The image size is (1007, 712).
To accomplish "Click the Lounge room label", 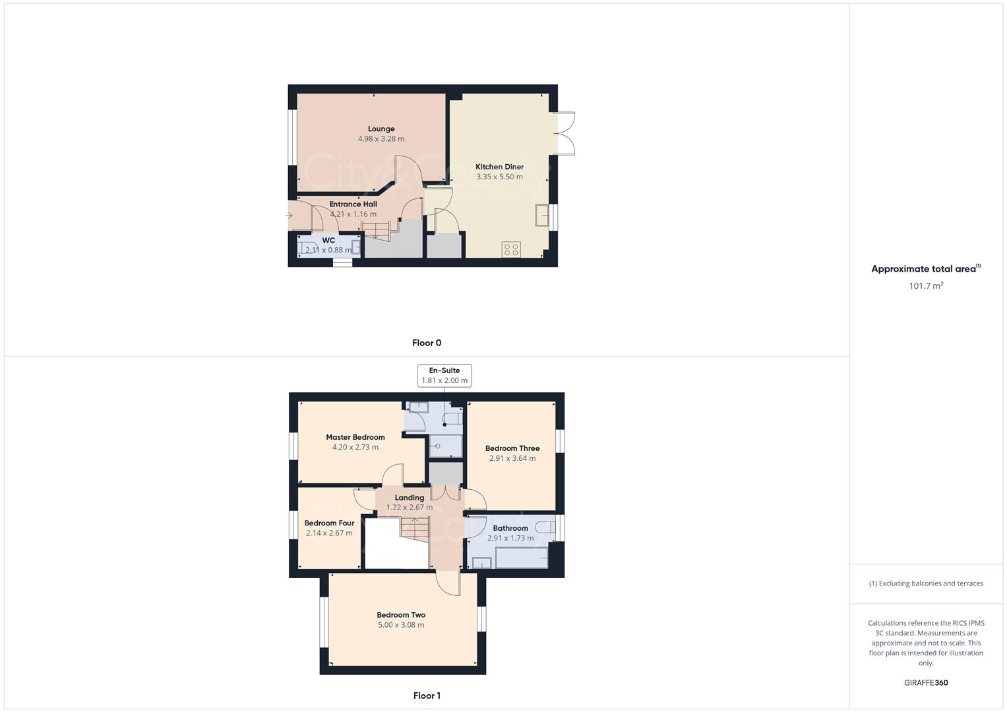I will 381,129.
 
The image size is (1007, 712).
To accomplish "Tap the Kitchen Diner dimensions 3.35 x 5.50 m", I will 499,177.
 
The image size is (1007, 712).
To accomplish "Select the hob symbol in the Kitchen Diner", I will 511,249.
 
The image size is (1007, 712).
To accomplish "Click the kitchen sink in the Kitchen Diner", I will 543,215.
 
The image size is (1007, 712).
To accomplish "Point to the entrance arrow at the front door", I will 289,216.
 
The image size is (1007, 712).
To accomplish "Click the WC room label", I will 328,240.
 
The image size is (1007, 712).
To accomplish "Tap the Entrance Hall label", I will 353,204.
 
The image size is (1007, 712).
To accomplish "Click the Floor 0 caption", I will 427,343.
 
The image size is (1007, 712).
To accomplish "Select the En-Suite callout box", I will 444,375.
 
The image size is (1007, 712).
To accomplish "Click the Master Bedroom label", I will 355,437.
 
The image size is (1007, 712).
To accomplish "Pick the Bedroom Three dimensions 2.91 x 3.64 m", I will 512,458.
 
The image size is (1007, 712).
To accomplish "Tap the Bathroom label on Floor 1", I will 510,528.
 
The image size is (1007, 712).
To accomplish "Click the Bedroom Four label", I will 329,523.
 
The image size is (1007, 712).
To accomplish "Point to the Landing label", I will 409,498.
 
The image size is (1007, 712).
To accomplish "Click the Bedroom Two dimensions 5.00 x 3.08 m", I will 401,625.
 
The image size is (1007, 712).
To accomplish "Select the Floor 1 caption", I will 427,696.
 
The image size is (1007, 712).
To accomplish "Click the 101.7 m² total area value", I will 926,285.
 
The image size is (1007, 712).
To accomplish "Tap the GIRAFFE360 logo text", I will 926,683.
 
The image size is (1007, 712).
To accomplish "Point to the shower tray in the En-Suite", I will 446,446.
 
